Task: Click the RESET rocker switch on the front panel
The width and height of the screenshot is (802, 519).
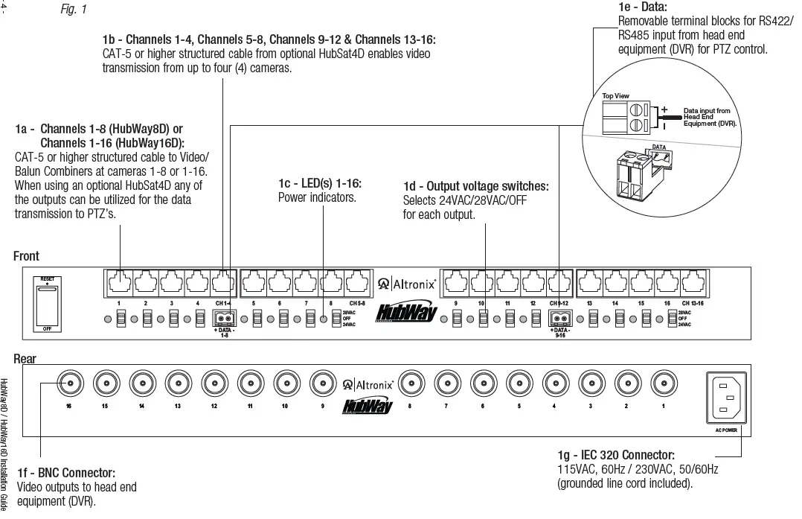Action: point(47,304)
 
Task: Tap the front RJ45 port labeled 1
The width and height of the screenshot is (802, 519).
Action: point(119,283)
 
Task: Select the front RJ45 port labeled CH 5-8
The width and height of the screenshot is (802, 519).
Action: point(357,283)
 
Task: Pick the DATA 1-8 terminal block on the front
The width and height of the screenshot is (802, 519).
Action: point(224,319)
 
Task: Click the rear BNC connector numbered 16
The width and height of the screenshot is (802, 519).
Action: point(69,384)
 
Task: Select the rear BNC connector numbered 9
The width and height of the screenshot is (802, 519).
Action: point(322,384)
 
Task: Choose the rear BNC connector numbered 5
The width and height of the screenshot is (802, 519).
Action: point(519,384)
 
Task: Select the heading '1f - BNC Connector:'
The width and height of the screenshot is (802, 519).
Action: point(66,473)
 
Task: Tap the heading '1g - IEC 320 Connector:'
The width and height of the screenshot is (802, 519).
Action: point(616,455)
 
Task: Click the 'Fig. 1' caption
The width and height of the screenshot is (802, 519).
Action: point(73,10)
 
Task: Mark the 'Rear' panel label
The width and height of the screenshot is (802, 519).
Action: point(25,359)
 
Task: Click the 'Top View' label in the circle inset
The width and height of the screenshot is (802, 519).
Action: point(615,96)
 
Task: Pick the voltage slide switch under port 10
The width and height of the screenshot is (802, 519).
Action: point(483,319)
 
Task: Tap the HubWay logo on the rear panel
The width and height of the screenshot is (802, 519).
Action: point(368,406)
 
